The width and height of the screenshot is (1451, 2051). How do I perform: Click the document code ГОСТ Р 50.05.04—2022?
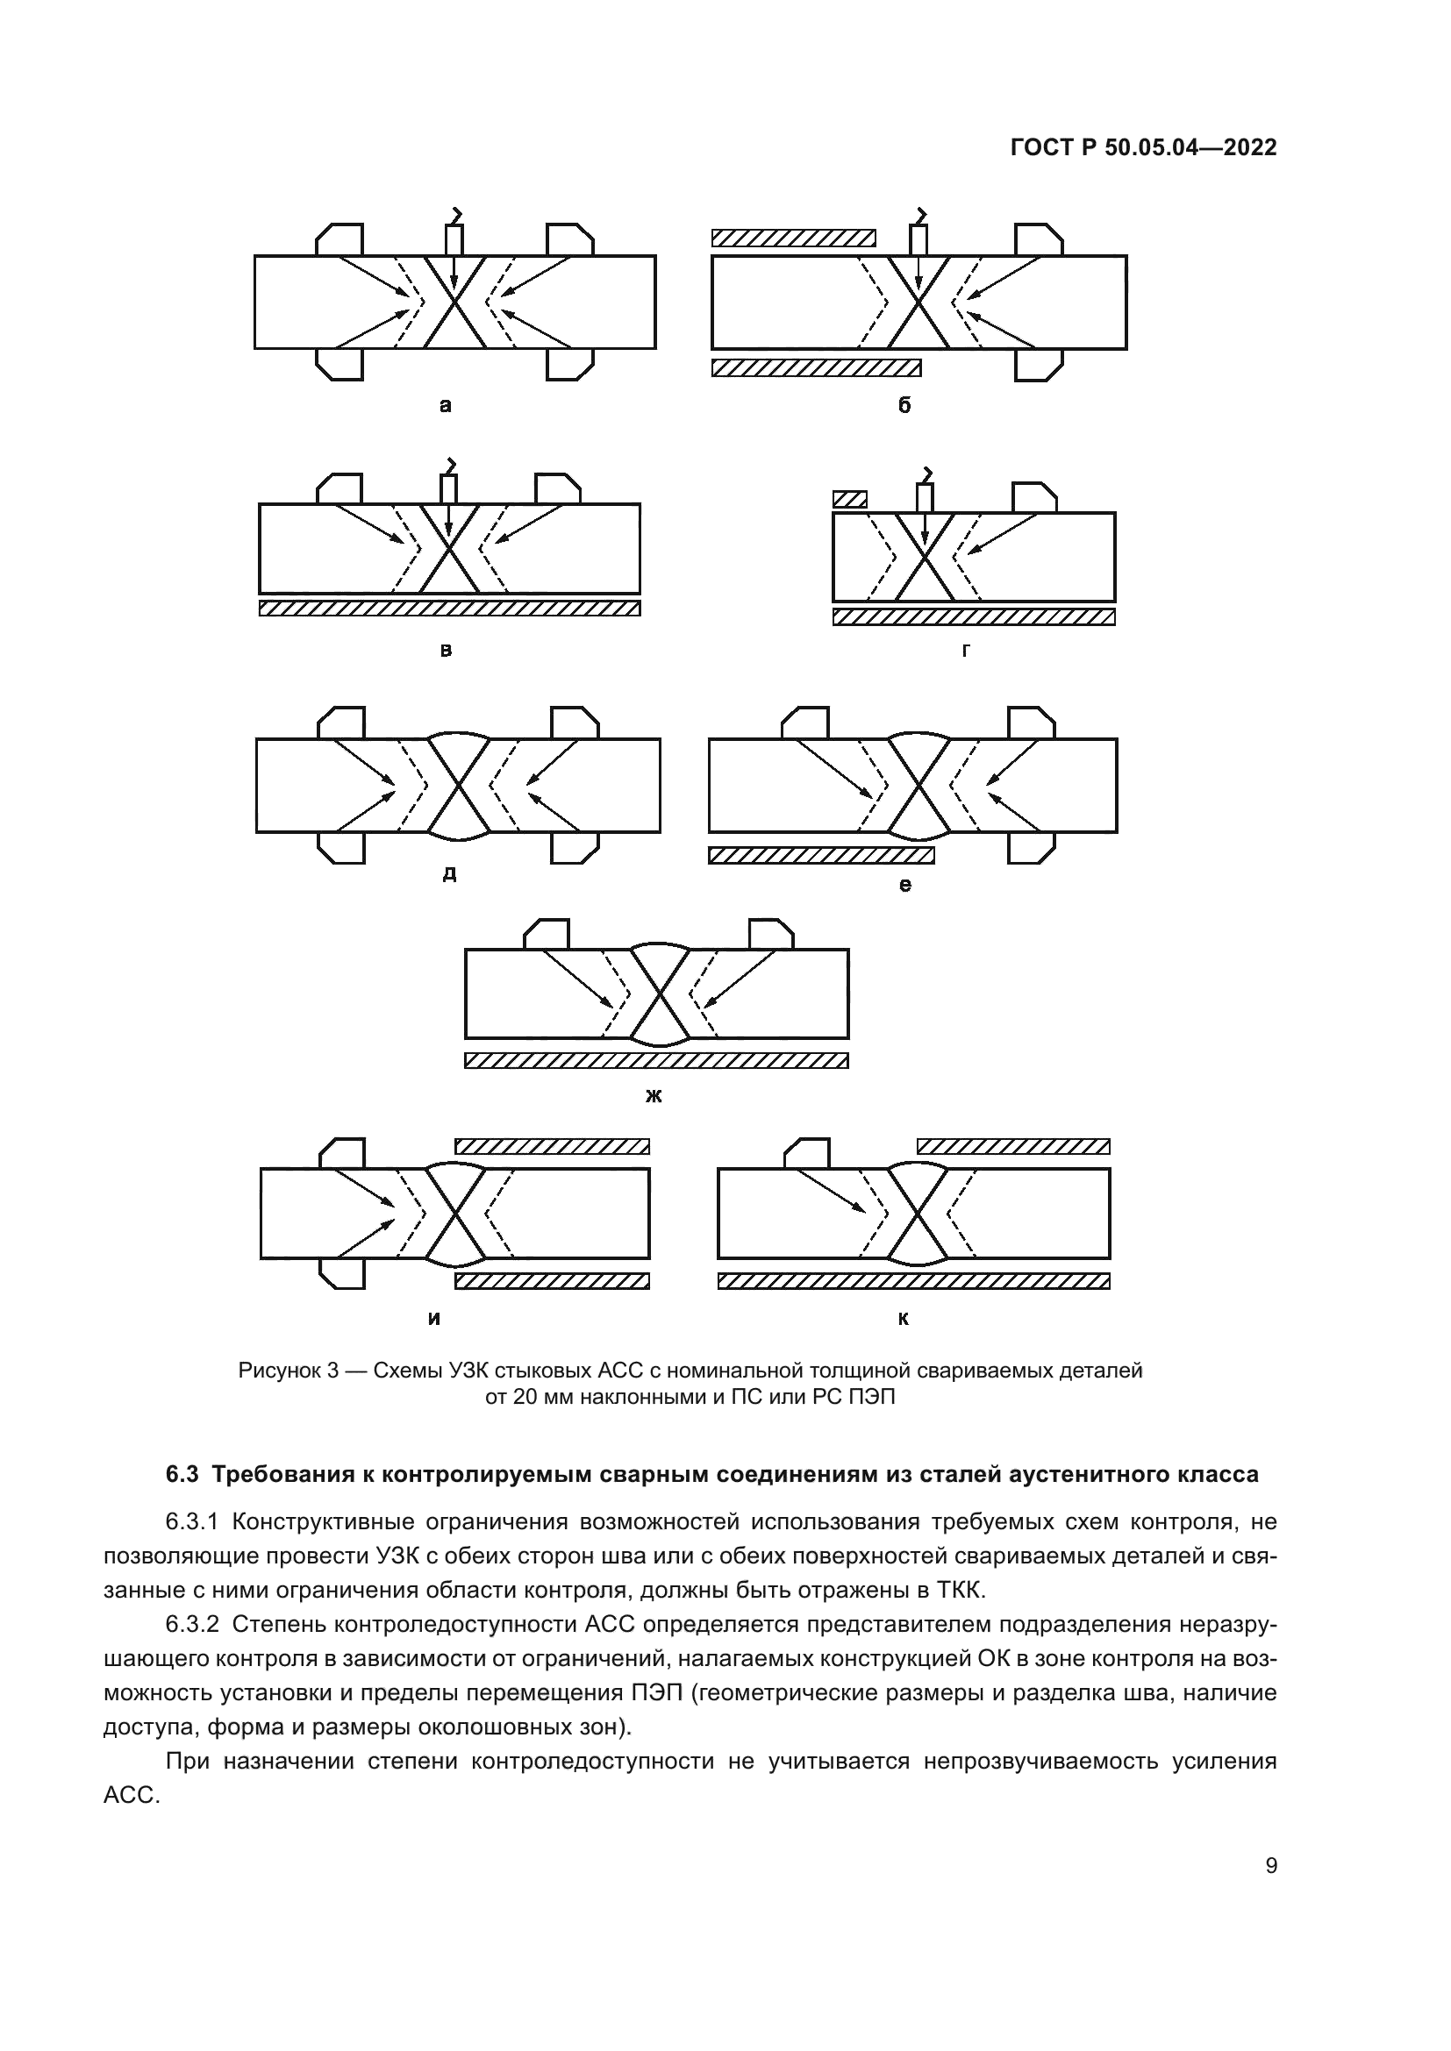pos(1143,147)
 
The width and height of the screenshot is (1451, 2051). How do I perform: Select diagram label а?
pos(446,407)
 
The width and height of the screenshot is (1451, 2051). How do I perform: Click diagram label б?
pos(904,407)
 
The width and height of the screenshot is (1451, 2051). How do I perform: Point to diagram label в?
pos(446,651)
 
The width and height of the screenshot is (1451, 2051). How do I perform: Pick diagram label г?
pos(966,651)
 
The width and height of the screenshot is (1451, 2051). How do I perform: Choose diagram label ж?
pos(654,1096)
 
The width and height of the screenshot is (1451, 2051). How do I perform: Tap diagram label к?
pos(904,1319)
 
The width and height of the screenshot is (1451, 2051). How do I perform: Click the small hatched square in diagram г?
pos(850,499)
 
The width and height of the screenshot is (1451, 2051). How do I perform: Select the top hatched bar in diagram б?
pos(793,238)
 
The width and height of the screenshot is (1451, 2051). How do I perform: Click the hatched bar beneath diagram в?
pos(449,608)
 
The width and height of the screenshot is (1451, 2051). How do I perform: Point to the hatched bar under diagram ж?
pos(656,1060)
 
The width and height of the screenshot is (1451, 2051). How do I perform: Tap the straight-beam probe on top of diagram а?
pos(454,239)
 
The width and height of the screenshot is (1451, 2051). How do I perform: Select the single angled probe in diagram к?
pos(807,1153)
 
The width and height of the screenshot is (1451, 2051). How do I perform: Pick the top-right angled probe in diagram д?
pos(574,723)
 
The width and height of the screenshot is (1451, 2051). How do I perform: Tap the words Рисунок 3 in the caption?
pos(288,1371)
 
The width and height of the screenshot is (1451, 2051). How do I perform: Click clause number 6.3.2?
pos(195,1624)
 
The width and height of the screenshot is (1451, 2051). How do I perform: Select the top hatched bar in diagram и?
pos(552,1146)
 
